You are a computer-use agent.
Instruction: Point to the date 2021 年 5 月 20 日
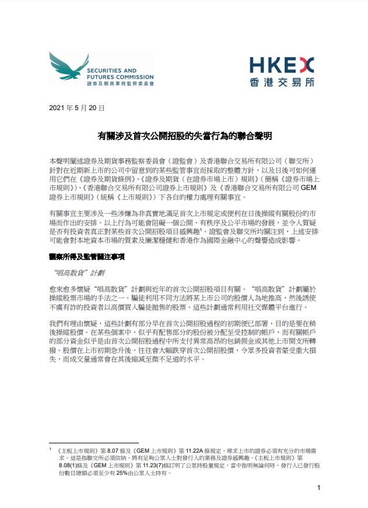tap(78, 108)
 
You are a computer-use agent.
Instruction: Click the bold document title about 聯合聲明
tap(184, 136)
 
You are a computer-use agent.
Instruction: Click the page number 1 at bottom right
tap(318, 487)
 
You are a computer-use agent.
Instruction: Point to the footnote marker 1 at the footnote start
tap(51, 449)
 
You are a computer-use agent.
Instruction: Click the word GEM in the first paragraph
tap(307, 188)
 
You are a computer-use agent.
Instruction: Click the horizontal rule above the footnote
tap(93, 443)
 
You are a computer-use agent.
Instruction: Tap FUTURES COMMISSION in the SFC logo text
tap(118, 76)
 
